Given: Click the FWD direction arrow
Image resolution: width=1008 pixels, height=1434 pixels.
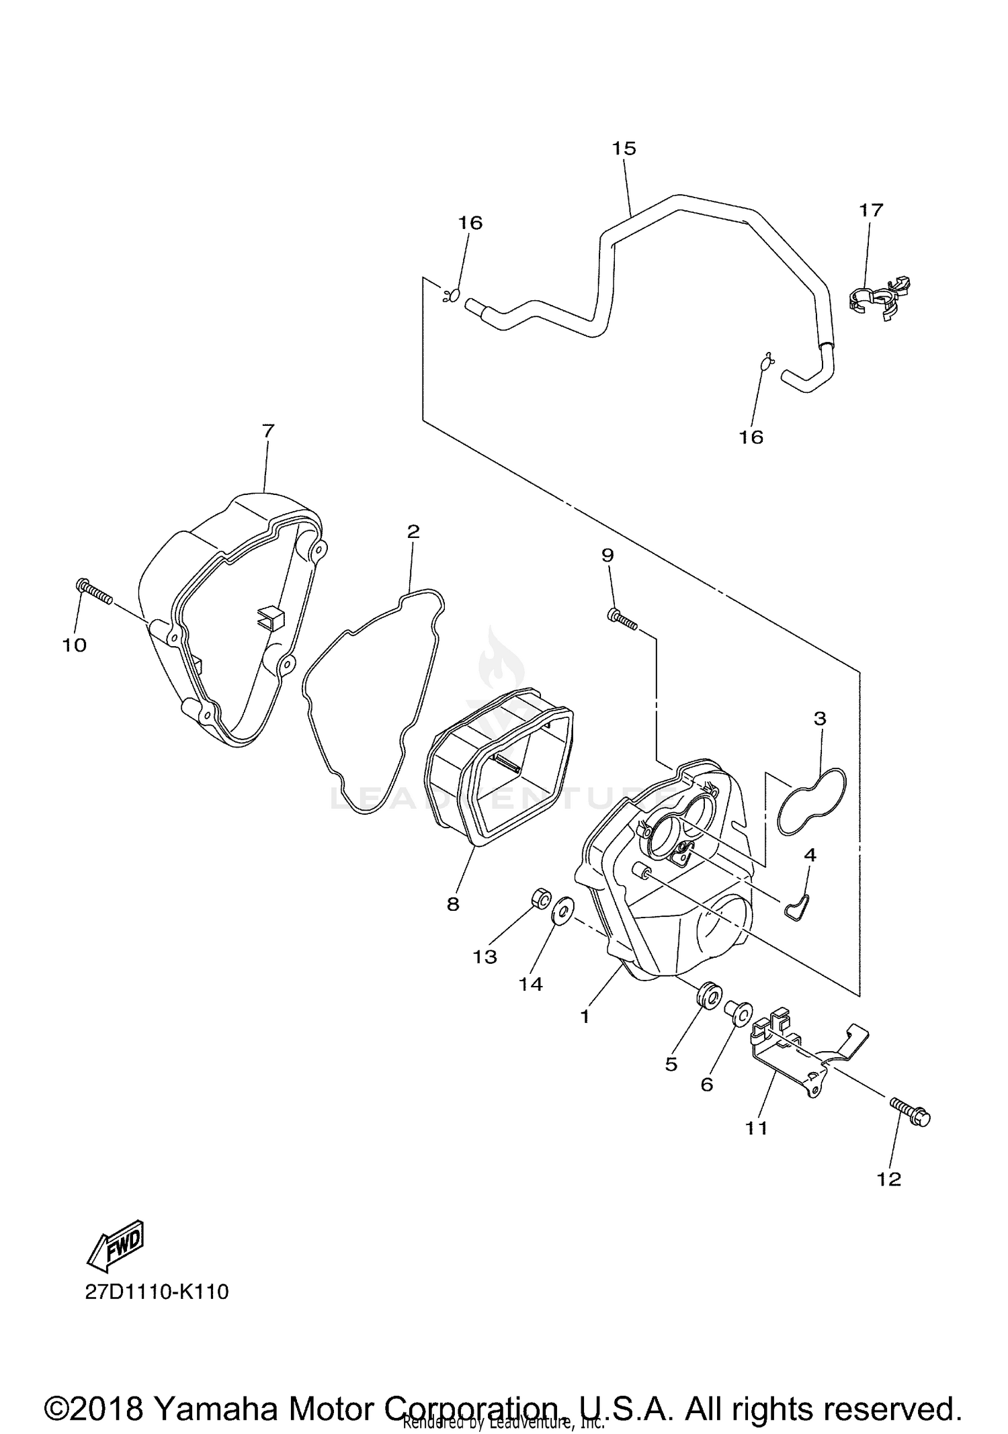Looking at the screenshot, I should [116, 1246].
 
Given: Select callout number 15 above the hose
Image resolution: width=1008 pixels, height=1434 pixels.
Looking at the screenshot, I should [624, 148].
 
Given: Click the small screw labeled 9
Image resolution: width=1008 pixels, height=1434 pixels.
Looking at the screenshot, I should [622, 619].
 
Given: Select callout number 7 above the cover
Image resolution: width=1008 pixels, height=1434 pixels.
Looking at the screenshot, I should [268, 431].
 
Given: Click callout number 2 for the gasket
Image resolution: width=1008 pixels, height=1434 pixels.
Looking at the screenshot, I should [413, 531].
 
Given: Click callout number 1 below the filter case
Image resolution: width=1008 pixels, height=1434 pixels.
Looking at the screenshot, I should [585, 1016].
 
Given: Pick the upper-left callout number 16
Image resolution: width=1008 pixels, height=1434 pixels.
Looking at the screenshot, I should [470, 223].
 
